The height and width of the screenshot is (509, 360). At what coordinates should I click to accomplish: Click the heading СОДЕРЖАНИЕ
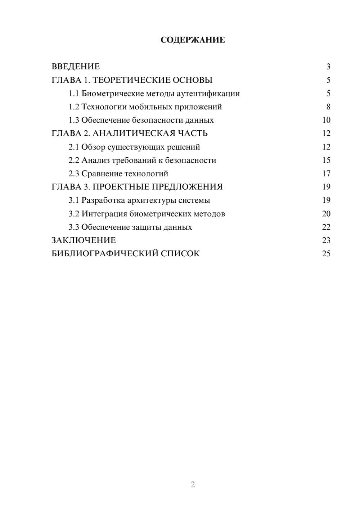[x=193, y=40]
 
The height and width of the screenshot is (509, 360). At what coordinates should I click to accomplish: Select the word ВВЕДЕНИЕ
[x=76, y=67]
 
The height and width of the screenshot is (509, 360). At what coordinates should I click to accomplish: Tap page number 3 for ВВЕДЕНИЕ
[x=328, y=67]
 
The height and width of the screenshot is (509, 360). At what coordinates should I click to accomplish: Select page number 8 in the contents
[x=328, y=107]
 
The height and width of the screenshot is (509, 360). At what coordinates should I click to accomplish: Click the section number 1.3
[x=74, y=120]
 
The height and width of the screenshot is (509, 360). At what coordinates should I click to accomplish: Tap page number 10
[x=326, y=120]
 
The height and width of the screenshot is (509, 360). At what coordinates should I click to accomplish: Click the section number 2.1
[x=74, y=147]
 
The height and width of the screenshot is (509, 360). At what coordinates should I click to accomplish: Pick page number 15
[x=326, y=160]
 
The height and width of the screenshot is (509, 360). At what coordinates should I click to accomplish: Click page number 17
[x=326, y=174]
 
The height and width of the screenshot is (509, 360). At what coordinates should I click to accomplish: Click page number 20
[x=326, y=214]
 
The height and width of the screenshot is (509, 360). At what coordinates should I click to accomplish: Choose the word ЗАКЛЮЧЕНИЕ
[x=84, y=240]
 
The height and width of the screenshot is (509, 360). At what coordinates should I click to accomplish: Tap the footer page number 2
[x=193, y=485]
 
